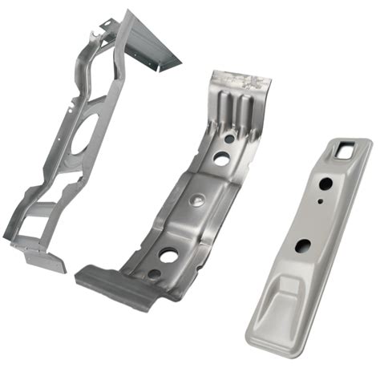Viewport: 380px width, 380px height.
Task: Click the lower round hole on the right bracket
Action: (x=303, y=245)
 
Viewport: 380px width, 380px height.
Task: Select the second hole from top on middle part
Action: (x=219, y=160)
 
